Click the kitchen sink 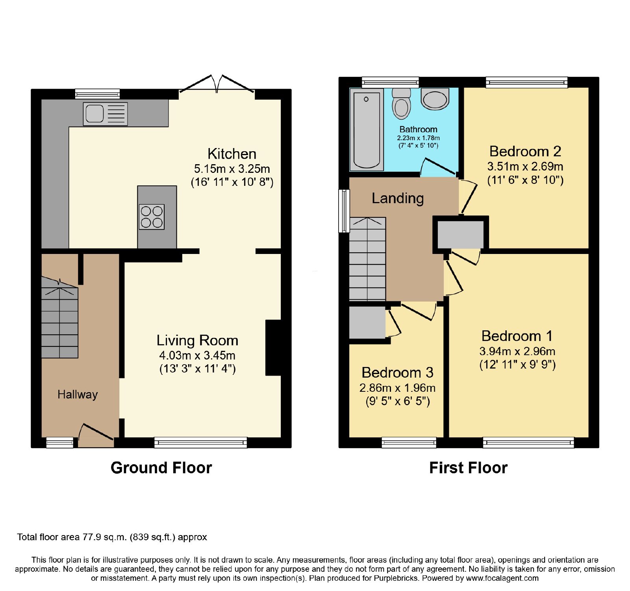point(106,114)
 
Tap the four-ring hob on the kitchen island point(152,217)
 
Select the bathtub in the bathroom point(367,130)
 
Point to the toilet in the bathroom point(402,103)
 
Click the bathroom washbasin point(435,98)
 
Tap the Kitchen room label point(232,154)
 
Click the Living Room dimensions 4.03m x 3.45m point(197,355)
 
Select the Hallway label point(78,394)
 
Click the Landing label point(398,198)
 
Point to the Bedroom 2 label point(525,151)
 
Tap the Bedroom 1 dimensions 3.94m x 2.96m point(517,351)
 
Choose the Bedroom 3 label point(398,372)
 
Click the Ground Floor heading point(161,468)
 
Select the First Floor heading point(468,468)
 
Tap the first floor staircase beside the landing point(367,259)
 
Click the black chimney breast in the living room point(273,348)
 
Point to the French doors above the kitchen point(217,84)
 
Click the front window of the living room point(200,443)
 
